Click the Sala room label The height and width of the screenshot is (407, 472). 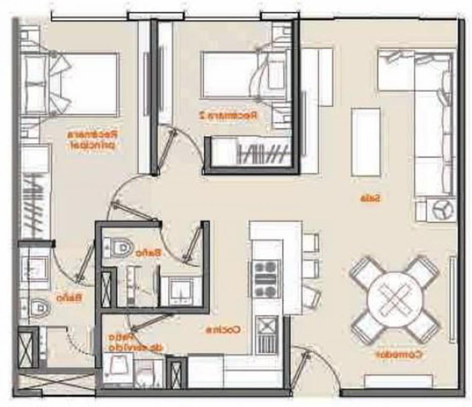tap(371, 198)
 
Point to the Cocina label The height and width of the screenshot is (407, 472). tap(224, 330)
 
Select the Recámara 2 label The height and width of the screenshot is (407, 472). tap(228, 115)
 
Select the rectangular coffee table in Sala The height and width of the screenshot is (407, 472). tap(365, 142)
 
